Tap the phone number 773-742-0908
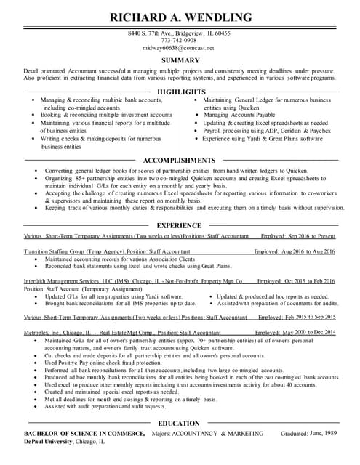tap(180, 41)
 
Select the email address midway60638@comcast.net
tap(180, 48)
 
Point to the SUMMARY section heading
tap(180, 60)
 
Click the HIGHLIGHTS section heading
tap(182, 92)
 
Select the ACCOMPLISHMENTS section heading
tap(179, 160)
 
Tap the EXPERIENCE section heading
tap(179, 225)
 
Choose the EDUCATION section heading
tap(179, 423)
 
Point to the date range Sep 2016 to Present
tap(311, 236)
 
